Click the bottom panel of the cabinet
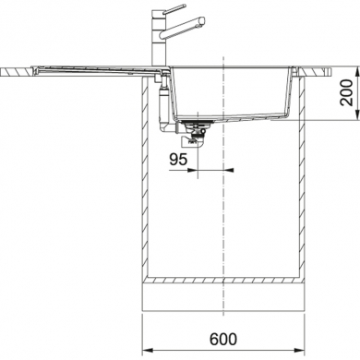[x=226, y=279]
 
